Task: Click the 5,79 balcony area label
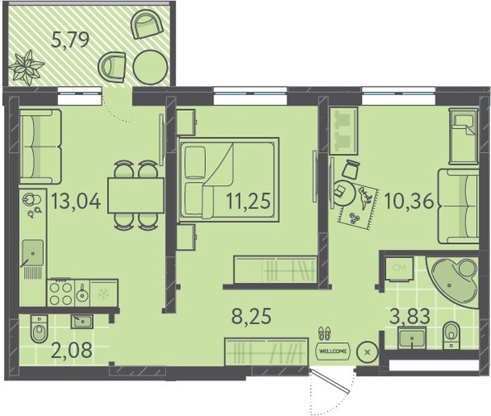(x=70, y=40)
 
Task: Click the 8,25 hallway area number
(x=251, y=316)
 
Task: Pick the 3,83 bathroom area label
(x=410, y=316)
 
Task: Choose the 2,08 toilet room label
(x=73, y=350)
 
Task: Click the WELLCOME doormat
(x=333, y=351)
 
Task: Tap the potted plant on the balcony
(x=26, y=67)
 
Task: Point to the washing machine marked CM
(x=399, y=269)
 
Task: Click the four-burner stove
(x=61, y=292)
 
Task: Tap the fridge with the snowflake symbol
(x=103, y=293)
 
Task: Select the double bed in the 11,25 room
(x=228, y=179)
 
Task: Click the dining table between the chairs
(x=136, y=195)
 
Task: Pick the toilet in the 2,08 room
(x=39, y=328)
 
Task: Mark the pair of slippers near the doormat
(x=324, y=333)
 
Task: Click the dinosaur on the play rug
(x=365, y=198)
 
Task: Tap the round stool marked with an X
(x=368, y=352)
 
